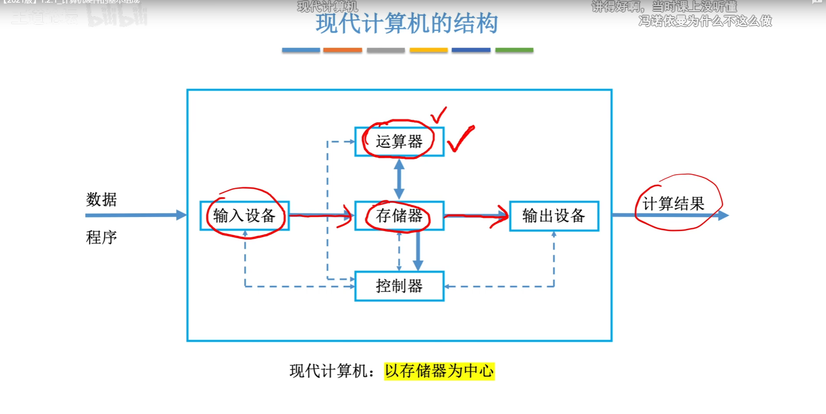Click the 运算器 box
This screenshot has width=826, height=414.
399,142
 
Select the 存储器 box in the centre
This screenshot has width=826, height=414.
399,216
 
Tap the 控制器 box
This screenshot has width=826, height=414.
399,286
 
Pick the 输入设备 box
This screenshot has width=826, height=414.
244,216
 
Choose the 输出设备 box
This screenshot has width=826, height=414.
554,216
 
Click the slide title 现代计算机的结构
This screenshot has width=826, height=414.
407,24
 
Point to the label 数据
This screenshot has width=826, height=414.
101,200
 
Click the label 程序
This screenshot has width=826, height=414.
101,237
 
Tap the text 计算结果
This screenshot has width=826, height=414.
674,204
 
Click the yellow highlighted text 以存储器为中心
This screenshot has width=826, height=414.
439,371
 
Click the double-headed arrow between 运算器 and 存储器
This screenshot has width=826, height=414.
399,179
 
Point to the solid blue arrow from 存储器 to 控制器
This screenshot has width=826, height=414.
418,251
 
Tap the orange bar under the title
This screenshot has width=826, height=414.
342,50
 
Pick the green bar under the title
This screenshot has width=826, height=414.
514,50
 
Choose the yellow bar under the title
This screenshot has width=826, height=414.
428,50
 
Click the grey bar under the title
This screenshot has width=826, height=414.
385,50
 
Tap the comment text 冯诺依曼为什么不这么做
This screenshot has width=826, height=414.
705,21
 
